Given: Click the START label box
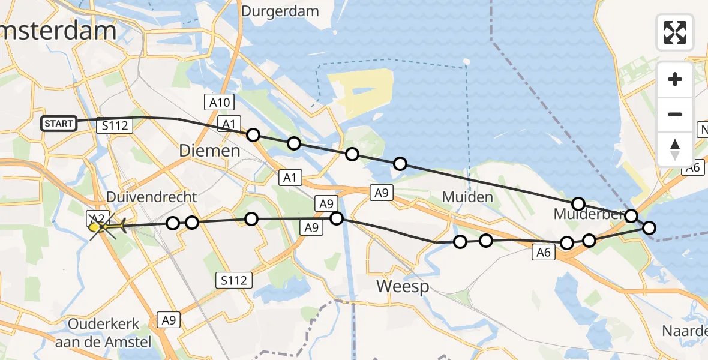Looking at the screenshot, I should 59,124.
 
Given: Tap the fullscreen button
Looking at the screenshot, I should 675,32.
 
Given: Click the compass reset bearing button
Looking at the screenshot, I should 675,149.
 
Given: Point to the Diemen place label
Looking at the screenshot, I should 210,151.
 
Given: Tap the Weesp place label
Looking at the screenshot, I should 403,287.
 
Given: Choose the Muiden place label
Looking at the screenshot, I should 467,197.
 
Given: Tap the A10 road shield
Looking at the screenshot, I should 220,103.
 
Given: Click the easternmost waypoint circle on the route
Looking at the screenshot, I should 649,227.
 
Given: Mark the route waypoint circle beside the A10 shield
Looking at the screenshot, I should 253,135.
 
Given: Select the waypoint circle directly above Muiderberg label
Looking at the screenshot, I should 578,203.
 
